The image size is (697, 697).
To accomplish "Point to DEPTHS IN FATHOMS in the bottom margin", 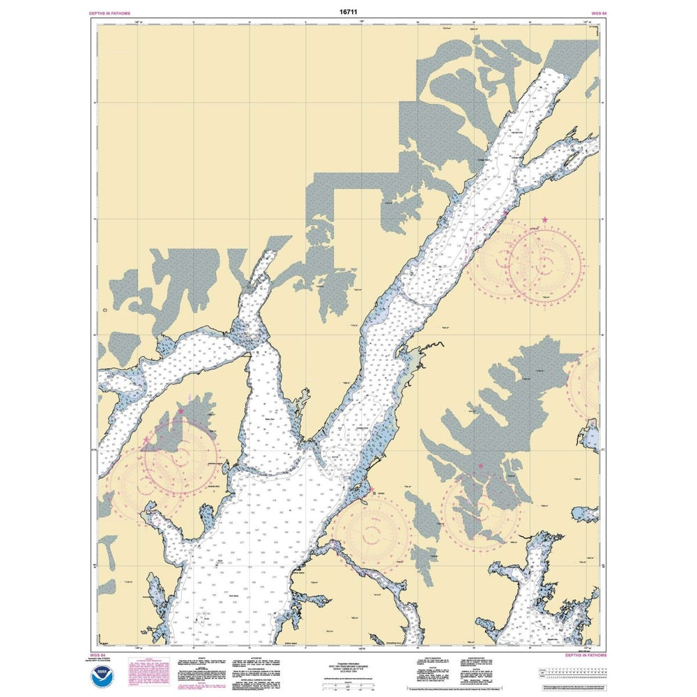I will (x=583, y=656).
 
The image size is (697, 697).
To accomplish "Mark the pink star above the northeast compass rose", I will (x=544, y=220).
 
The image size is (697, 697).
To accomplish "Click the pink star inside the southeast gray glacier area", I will (x=480, y=466).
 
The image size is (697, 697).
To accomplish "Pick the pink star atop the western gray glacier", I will (x=181, y=411).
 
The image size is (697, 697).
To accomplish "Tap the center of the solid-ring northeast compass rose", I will (x=545, y=263).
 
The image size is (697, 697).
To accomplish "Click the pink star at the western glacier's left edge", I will (x=147, y=441).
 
